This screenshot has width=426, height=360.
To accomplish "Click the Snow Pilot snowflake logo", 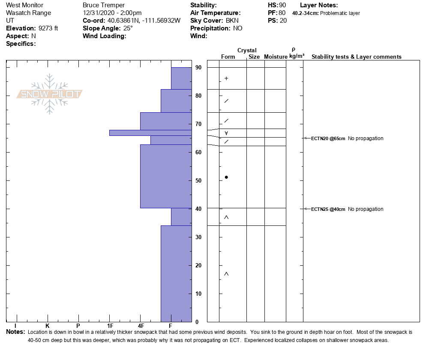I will coord(50,94).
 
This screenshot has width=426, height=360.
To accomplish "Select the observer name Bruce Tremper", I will coord(104,5).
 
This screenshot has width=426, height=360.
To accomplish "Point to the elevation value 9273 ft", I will coord(48,28).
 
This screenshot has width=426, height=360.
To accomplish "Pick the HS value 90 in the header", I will coord(282,5).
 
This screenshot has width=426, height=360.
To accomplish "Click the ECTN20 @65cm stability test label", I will coord(328,138).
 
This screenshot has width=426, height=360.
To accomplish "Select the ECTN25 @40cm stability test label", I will coord(328,209).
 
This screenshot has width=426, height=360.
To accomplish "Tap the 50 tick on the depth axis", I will coord(198,180).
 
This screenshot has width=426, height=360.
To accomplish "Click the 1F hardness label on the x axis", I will coord(110,326).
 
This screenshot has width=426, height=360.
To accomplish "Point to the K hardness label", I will coord(48,326).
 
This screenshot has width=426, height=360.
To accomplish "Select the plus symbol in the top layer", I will coord(226,78).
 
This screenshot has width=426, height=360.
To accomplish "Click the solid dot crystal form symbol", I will coord(226,177).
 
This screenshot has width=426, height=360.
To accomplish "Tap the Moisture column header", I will coord(276,57).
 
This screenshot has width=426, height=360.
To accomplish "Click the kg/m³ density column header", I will coord(297,57).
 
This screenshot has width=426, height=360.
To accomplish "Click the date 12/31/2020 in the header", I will coord(99,13).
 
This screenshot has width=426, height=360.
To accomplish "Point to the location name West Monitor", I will coord(24,5).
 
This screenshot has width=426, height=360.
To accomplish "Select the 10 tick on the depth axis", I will coord(198,294).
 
